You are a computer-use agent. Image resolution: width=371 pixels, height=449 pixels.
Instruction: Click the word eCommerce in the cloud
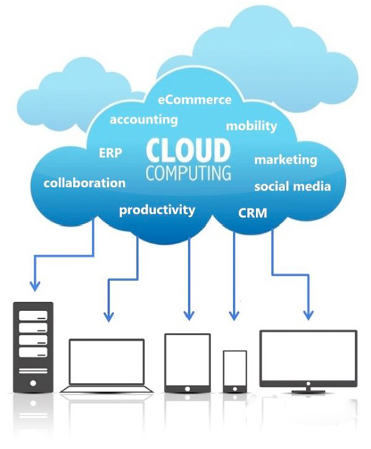click(x=194, y=100)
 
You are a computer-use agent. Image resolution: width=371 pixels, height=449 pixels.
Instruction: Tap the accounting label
click(x=144, y=120)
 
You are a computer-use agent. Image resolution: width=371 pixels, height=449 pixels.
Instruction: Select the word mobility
click(x=252, y=126)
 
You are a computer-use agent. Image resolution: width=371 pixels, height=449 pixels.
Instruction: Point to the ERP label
click(x=111, y=153)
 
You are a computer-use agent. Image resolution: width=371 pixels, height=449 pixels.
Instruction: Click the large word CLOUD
click(x=188, y=150)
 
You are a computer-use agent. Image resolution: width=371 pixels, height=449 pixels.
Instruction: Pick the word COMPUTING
click(x=188, y=173)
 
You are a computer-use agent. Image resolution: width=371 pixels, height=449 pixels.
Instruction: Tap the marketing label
click(x=285, y=160)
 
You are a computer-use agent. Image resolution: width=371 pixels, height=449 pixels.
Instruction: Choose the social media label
click(x=293, y=187)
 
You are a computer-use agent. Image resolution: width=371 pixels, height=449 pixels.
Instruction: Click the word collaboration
click(x=84, y=183)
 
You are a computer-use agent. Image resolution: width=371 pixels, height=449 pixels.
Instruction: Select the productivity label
click(x=157, y=210)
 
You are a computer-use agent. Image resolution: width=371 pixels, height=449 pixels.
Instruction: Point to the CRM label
click(x=252, y=213)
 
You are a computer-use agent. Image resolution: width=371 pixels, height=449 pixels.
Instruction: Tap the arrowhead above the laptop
click(x=109, y=316)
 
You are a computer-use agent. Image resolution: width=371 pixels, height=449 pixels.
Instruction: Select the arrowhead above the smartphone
click(x=234, y=315)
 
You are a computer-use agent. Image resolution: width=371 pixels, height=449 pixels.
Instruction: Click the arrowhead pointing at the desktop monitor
click(x=308, y=314)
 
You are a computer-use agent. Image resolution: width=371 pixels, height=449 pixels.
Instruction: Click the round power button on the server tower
click(x=33, y=382)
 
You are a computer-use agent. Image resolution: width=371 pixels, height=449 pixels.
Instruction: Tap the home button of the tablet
click(x=188, y=389)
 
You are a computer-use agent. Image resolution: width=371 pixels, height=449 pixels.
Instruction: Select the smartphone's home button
click(x=235, y=389)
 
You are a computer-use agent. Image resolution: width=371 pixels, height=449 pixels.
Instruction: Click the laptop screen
click(x=107, y=361)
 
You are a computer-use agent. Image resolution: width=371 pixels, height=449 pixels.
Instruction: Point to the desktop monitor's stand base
click(x=308, y=390)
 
